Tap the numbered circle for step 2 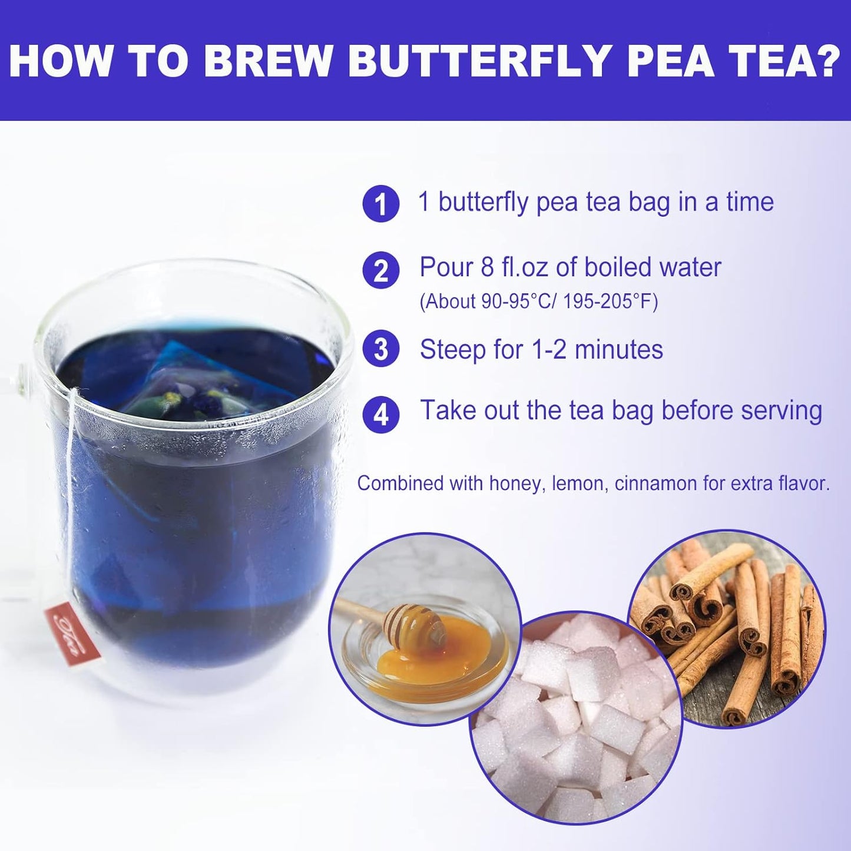tap(381, 270)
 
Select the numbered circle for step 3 tap(381, 349)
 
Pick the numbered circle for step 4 tap(381, 414)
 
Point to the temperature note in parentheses tap(538, 302)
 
